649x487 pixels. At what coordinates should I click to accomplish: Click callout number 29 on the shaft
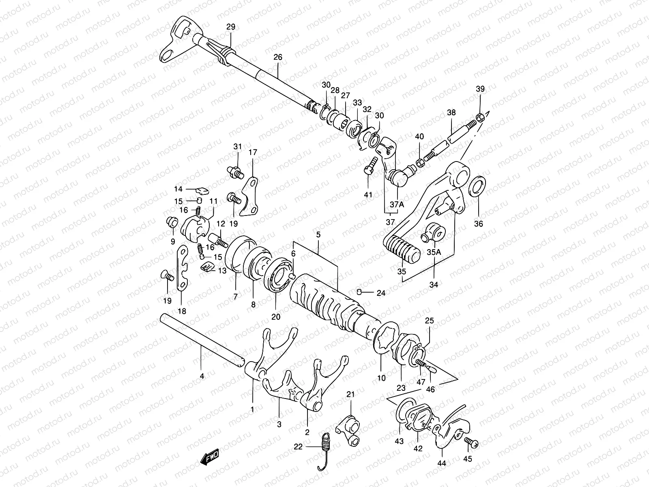(230, 27)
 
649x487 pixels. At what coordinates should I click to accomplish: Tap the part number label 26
(277, 57)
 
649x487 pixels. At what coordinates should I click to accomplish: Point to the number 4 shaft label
(202, 376)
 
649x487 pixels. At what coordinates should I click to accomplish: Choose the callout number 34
(434, 285)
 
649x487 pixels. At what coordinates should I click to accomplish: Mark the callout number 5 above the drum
(318, 235)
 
